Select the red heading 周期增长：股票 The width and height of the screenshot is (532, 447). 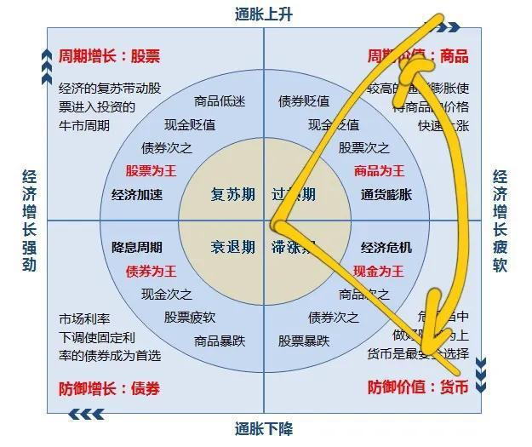tap(109, 57)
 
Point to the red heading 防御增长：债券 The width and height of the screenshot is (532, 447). tap(109, 389)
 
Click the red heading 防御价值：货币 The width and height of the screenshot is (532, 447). tap(418, 387)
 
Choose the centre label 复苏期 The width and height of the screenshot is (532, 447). tap(232, 195)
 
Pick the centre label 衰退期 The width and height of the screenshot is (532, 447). tap(232, 248)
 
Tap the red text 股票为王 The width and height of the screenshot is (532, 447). tap(151, 170)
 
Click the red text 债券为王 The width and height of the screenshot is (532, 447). tap(151, 272)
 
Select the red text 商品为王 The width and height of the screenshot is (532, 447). tap(379, 170)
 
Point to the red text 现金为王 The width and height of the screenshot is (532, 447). tap(379, 272)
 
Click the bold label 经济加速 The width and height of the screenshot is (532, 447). tap(137, 195)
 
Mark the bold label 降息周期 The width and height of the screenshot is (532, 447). tap(137, 248)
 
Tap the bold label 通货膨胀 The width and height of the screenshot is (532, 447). tap(386, 195)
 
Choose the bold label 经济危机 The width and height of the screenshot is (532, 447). tap(386, 248)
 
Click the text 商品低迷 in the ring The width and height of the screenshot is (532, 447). tap(220, 101)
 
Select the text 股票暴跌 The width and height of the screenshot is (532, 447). tap(304, 341)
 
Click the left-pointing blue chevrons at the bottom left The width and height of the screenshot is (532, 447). tap(86, 415)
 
